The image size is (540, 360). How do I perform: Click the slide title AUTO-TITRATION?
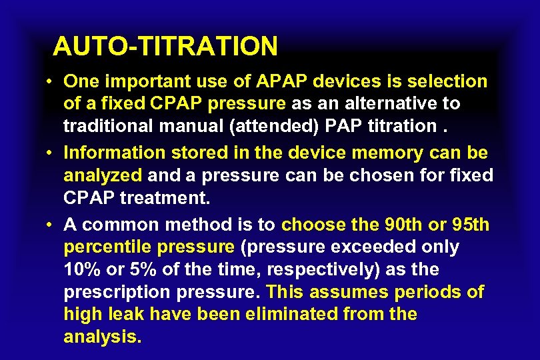point(165,46)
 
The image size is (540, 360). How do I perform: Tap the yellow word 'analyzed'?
point(103,175)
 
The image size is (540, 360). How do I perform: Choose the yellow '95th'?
point(469,225)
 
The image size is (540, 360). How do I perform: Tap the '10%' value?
point(80,270)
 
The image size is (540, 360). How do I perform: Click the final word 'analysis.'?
point(103,337)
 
